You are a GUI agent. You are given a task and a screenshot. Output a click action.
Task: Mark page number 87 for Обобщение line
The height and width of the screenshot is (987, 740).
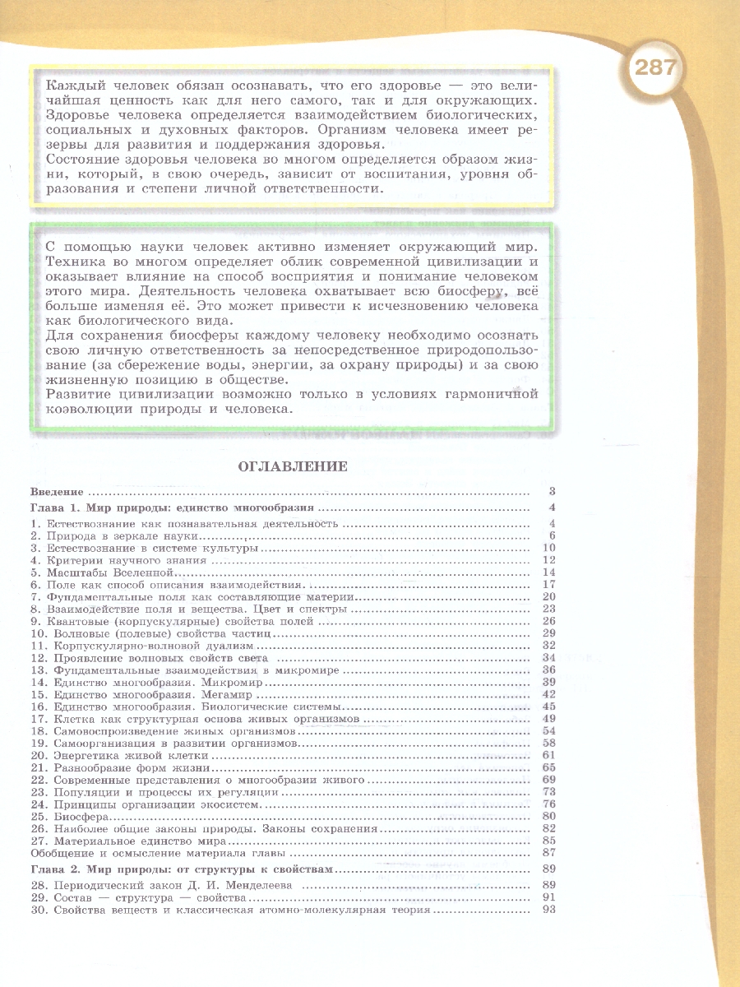(550, 853)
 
